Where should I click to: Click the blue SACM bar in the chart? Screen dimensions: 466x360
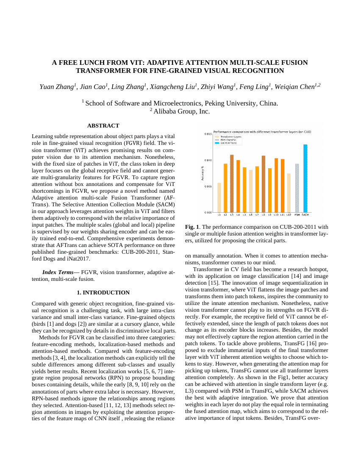pyautogui.click(x=305, y=178)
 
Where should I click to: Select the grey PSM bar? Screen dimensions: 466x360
pyautogui.click(x=297, y=188)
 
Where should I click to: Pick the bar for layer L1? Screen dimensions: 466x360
pyautogui.click(x=219, y=197)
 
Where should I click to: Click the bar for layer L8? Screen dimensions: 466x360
pyautogui.click(x=263, y=184)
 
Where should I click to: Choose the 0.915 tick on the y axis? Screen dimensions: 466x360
pyautogui.click(x=208, y=134)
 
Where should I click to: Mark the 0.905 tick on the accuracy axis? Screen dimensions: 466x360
pyautogui.click(x=208, y=186)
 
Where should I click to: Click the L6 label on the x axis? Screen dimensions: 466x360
pyautogui.click(x=251, y=216)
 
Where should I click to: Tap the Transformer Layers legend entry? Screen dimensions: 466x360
pyautogui.click(x=231, y=137)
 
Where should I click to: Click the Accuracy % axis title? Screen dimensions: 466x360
pyautogui.click(x=202, y=173)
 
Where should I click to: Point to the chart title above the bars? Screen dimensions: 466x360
pyautogui.click(x=262, y=132)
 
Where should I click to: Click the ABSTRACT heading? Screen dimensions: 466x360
pyautogui.click(x=103, y=126)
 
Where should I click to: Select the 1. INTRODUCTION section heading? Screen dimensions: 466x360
pyautogui.click(x=103, y=293)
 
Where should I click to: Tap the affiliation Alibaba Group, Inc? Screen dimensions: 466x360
pyautogui.click(x=181, y=111)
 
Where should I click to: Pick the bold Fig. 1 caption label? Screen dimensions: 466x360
pyautogui.click(x=192, y=227)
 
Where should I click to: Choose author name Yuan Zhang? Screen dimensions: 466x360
pyautogui.click(x=57, y=86)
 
